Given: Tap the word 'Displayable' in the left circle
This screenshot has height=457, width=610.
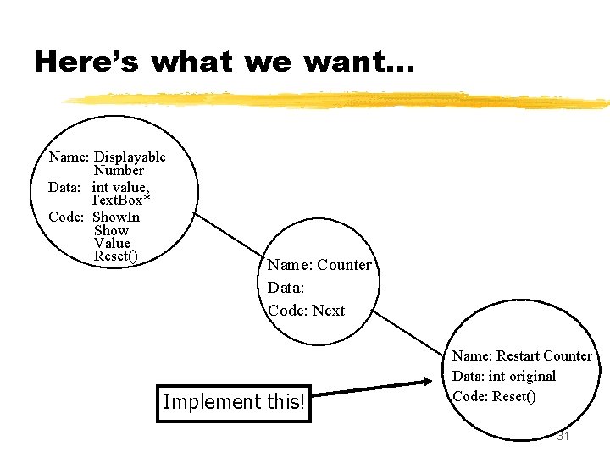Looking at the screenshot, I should [x=130, y=157].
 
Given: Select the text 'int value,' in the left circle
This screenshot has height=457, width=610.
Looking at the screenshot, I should [x=120, y=187].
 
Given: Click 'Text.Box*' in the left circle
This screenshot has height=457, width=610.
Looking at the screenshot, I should [x=120, y=201].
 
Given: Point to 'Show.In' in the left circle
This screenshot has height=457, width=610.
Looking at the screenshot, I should [x=117, y=217].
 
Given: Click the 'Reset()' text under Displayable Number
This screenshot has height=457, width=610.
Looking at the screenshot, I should [x=116, y=256].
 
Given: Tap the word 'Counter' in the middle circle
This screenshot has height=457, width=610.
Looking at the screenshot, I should [x=344, y=265].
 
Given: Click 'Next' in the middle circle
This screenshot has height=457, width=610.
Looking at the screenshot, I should [x=329, y=311].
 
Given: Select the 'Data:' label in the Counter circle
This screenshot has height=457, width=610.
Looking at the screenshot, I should [x=286, y=288].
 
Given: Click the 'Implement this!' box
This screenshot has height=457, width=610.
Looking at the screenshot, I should [x=233, y=401].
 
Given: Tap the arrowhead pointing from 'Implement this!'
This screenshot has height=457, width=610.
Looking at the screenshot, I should [x=428, y=383].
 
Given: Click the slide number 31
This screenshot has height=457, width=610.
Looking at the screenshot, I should [x=564, y=436].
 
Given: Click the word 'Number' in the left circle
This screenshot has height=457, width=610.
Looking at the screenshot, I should [x=119, y=170].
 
